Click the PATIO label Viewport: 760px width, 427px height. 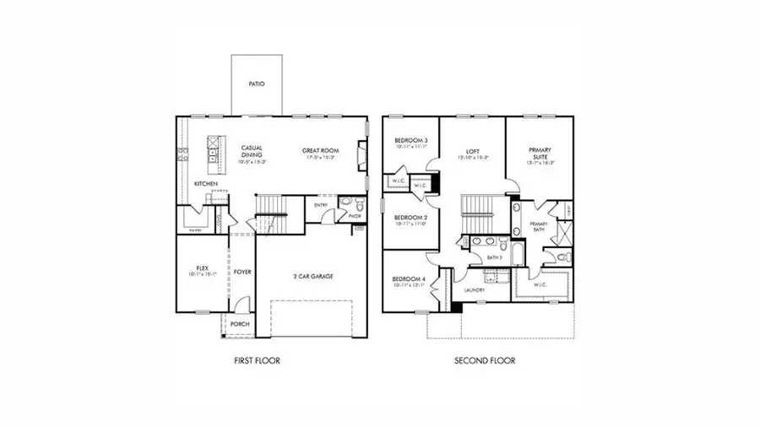point(257,84)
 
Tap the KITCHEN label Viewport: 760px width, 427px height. point(208,182)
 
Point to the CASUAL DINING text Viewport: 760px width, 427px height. point(252,150)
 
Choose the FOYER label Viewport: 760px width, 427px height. point(243,272)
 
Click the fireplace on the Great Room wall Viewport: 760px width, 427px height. point(362,156)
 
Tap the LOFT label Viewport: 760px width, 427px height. point(473,149)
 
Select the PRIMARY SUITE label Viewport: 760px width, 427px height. point(540,152)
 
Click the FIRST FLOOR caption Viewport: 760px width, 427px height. point(257,360)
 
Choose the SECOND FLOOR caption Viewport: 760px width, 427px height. point(485,360)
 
